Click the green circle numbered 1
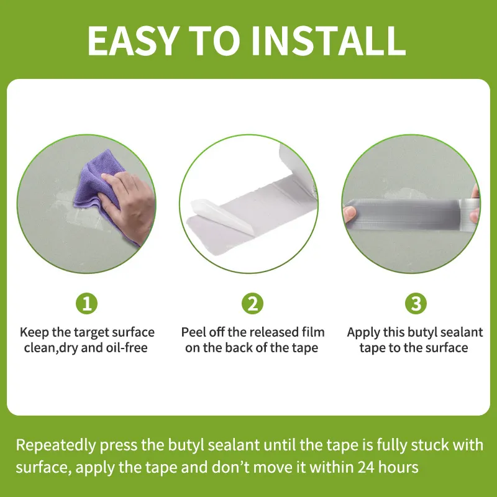(87, 304)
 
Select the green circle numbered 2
(252, 304)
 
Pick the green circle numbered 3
(416, 304)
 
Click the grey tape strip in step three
(410, 211)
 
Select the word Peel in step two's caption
(194, 332)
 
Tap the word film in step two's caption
(312, 332)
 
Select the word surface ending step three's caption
(447, 348)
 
